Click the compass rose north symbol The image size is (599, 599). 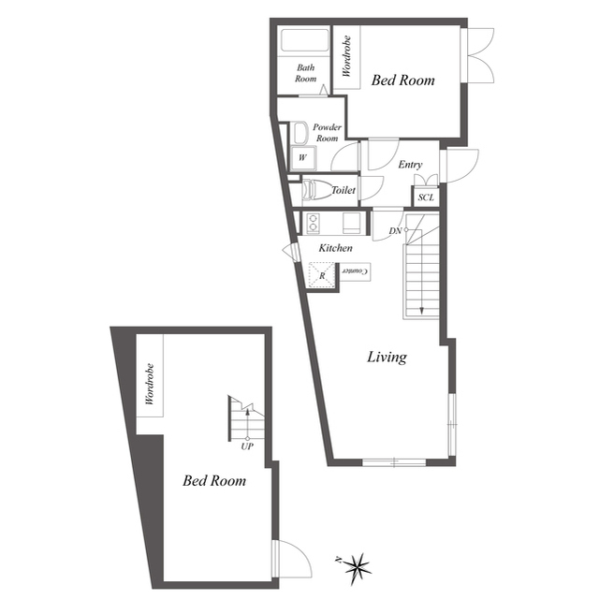[357, 569]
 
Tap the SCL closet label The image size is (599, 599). [426, 197]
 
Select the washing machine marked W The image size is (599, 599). [303, 158]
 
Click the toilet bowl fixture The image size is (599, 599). [316, 189]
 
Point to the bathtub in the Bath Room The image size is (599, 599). [305, 40]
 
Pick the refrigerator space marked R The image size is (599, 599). [322, 274]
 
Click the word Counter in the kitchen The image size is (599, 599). [356, 271]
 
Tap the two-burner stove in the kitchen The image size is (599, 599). [314, 223]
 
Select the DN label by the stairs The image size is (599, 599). [395, 231]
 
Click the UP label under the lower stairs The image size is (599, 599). [247, 446]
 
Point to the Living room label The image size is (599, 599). [387, 358]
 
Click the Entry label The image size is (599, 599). [410, 165]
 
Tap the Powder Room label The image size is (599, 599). [327, 132]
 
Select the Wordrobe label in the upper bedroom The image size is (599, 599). [346, 56]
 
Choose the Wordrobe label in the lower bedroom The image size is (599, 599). [150, 384]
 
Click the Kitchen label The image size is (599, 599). [335, 248]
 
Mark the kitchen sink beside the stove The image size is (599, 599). [351, 223]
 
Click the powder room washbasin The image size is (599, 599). [300, 133]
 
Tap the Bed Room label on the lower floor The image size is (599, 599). [214, 480]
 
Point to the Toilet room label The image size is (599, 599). [343, 190]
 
